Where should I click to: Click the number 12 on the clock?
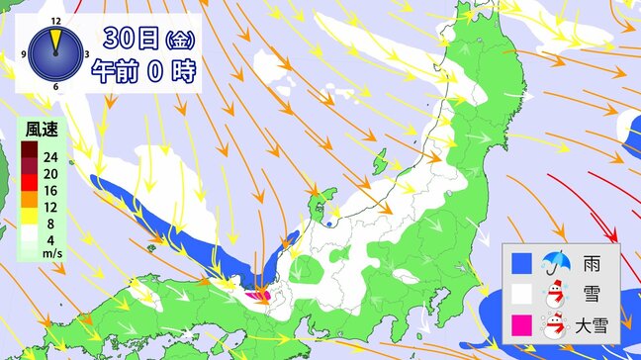55,19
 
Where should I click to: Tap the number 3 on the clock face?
88,53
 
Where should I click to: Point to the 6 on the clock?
55,87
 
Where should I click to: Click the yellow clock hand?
55,40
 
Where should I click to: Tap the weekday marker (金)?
180,41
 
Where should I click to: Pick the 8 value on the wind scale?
46,223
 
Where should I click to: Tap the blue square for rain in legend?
521,263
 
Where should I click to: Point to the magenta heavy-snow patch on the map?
259,294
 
